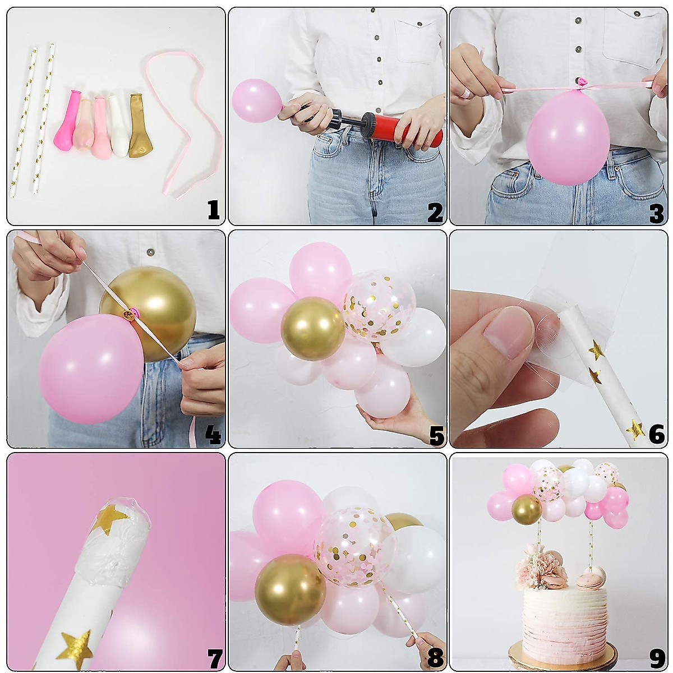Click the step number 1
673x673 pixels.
click(x=213, y=211)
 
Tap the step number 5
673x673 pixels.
click(x=436, y=435)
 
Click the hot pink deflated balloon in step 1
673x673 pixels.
click(x=66, y=120)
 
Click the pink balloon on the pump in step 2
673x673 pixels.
click(x=256, y=100)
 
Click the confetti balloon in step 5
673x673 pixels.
click(x=379, y=306)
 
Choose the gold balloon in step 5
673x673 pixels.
click(x=312, y=329)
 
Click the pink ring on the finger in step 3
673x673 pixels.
click(x=465, y=92)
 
